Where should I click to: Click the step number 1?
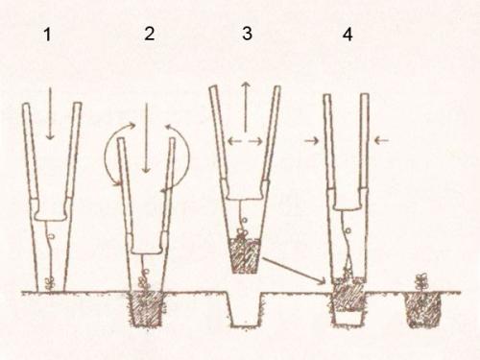pyautogui.click(x=47, y=35)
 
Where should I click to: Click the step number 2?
pyautogui.click(x=150, y=34)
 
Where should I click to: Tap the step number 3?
pyautogui.click(x=247, y=34)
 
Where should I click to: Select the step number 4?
pyautogui.click(x=348, y=35)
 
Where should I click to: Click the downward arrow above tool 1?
pyautogui.click(x=50, y=114)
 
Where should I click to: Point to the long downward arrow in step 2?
pyautogui.click(x=146, y=138)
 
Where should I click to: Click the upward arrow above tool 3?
pyautogui.click(x=246, y=107)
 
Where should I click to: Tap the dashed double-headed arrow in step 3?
pyautogui.click(x=246, y=141)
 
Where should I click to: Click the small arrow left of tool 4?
pyautogui.click(x=312, y=140)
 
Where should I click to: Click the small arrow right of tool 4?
pyautogui.click(x=381, y=140)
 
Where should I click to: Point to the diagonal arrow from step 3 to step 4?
pyautogui.click(x=294, y=271)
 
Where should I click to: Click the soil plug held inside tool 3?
pyautogui.click(x=245, y=255)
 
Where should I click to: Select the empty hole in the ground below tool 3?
pyautogui.click(x=245, y=309)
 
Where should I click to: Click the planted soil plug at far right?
pyautogui.click(x=422, y=309)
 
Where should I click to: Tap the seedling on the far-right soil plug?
pyautogui.click(x=421, y=282)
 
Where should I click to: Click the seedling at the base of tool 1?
pyautogui.click(x=49, y=284)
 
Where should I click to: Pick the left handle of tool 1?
pyautogui.click(x=31, y=151)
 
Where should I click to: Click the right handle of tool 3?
pyautogui.click(x=272, y=133)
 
